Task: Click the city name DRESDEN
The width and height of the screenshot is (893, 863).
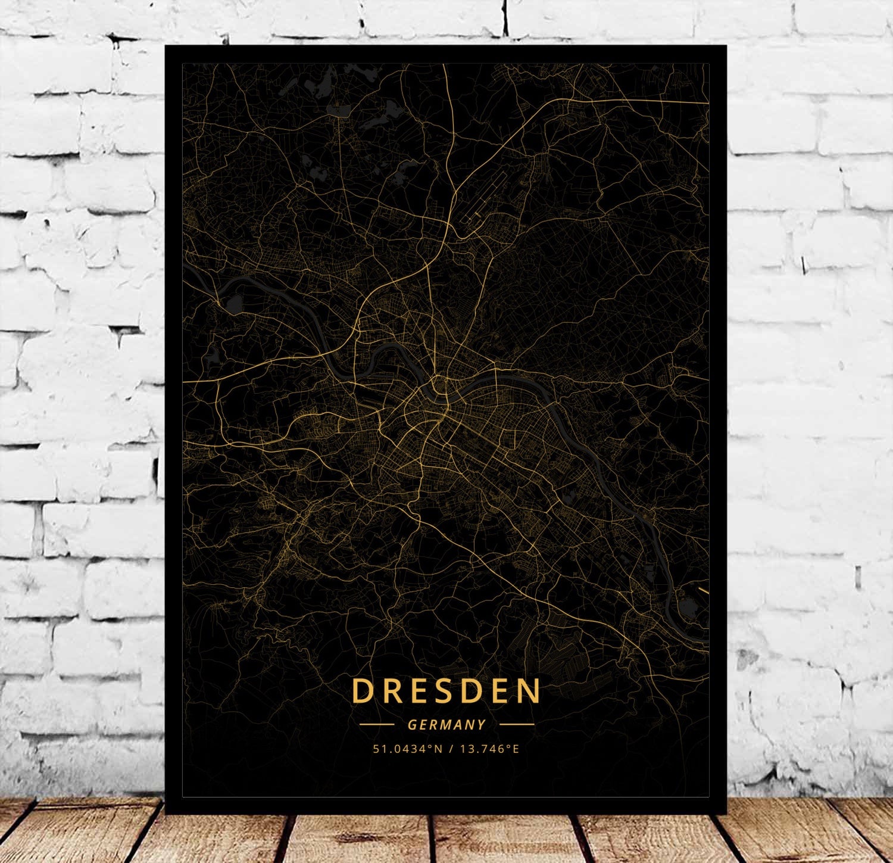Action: (446, 691)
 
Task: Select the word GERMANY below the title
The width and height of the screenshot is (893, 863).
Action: (447, 725)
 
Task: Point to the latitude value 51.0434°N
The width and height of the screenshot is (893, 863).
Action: (408, 749)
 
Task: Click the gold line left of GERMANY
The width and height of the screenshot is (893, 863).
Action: (377, 725)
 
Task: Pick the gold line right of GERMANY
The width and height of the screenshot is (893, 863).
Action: (517, 725)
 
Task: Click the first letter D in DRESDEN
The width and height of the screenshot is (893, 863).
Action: (361, 691)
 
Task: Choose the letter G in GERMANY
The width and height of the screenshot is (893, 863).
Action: (412, 725)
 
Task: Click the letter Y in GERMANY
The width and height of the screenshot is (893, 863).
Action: (482, 725)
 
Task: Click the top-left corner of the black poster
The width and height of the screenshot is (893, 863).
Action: (166, 46)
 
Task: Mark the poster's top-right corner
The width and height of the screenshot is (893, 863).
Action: (726, 46)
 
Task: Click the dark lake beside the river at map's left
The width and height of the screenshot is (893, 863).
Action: (234, 306)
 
